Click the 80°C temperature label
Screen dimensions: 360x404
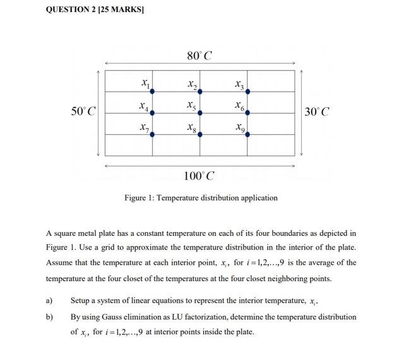tap(199, 56)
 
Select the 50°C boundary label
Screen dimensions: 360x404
tap(83, 112)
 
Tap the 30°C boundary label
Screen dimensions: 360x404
tap(316, 112)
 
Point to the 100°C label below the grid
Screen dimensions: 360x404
tap(199, 175)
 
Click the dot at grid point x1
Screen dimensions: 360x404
tap(152, 91)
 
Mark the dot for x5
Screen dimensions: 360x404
tap(200, 113)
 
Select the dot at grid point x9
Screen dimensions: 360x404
tap(247, 134)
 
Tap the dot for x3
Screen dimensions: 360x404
tap(247, 91)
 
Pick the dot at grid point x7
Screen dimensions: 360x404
tap(152, 134)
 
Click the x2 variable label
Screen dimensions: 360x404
tap(192, 84)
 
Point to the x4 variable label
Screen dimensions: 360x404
tap(145, 106)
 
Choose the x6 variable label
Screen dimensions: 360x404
tap(239, 106)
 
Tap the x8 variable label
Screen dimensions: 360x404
tap(192, 127)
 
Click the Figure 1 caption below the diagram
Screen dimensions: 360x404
tap(201, 198)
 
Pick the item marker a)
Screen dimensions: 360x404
tap(49, 301)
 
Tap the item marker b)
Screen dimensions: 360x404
tap(49, 317)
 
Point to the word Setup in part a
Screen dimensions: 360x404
tap(80, 301)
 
